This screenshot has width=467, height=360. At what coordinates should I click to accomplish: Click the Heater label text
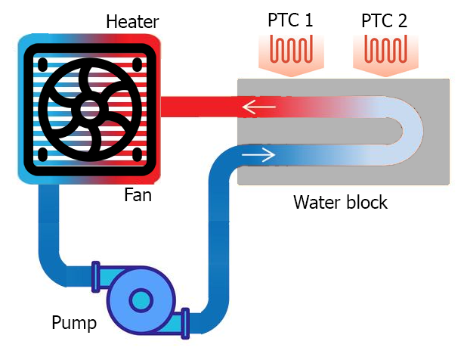[x=133, y=20]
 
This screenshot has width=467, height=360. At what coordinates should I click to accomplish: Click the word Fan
[x=138, y=197]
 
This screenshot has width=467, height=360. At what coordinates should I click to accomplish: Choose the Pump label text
[x=74, y=324]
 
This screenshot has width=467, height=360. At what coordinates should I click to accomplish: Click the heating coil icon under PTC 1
[x=291, y=51]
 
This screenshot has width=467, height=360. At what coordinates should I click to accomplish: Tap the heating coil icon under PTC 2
[x=385, y=51]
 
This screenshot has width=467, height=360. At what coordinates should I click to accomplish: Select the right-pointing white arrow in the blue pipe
[x=258, y=157]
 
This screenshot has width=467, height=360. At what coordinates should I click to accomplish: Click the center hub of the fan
[x=90, y=108]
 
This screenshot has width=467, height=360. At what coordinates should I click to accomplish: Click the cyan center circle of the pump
[x=140, y=301]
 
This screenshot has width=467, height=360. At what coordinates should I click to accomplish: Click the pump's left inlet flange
[x=96, y=275]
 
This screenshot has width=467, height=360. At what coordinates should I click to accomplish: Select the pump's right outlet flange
[x=185, y=321]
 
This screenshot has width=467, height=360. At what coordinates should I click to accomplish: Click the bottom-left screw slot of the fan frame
[x=42, y=154]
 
